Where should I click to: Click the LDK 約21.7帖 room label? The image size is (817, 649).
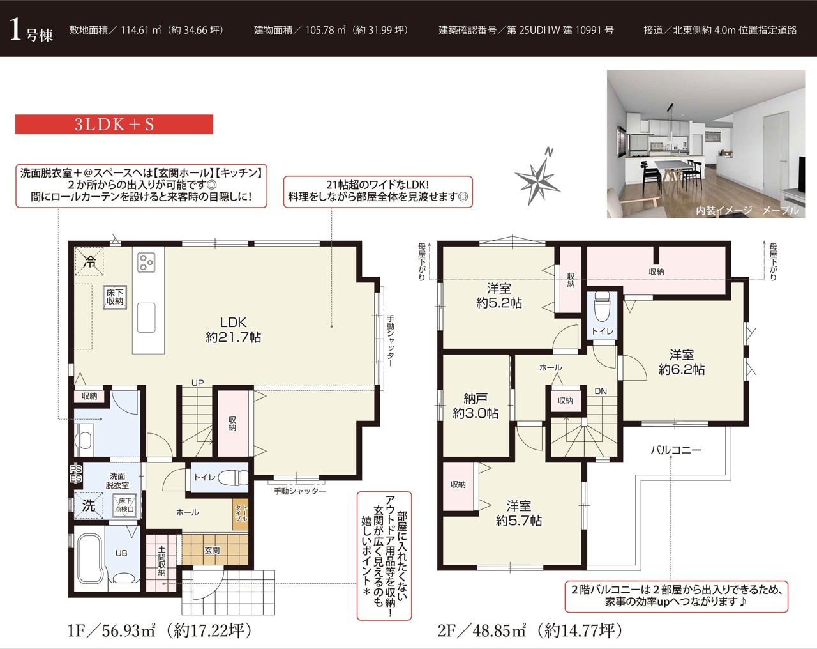tap(233, 330)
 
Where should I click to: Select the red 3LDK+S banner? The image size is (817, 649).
tap(114, 125)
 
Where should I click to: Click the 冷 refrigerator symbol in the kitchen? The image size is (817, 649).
tap(89, 261)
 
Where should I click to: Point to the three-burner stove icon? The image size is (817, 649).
tap(147, 263)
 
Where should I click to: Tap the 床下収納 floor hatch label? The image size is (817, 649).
tap(115, 297)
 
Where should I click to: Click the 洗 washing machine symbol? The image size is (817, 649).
tap(89, 506)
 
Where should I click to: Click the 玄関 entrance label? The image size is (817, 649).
tap(212, 550)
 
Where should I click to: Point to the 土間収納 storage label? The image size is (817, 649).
tap(161, 561)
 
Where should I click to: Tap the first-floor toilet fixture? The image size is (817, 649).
tap(232, 477)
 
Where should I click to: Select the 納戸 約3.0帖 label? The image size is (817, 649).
tap(476, 406)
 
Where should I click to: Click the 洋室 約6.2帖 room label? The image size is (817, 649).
tap(682, 362)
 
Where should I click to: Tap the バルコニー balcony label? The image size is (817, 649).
tap(676, 450)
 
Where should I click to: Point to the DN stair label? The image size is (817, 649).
tap(601, 391)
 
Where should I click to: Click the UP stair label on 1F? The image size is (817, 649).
tap(197, 383)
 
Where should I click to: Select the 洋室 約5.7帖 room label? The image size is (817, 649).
tap(518, 513)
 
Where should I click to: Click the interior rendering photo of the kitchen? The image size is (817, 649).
tap(706, 144)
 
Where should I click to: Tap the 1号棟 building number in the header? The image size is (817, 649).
tap(31, 31)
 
